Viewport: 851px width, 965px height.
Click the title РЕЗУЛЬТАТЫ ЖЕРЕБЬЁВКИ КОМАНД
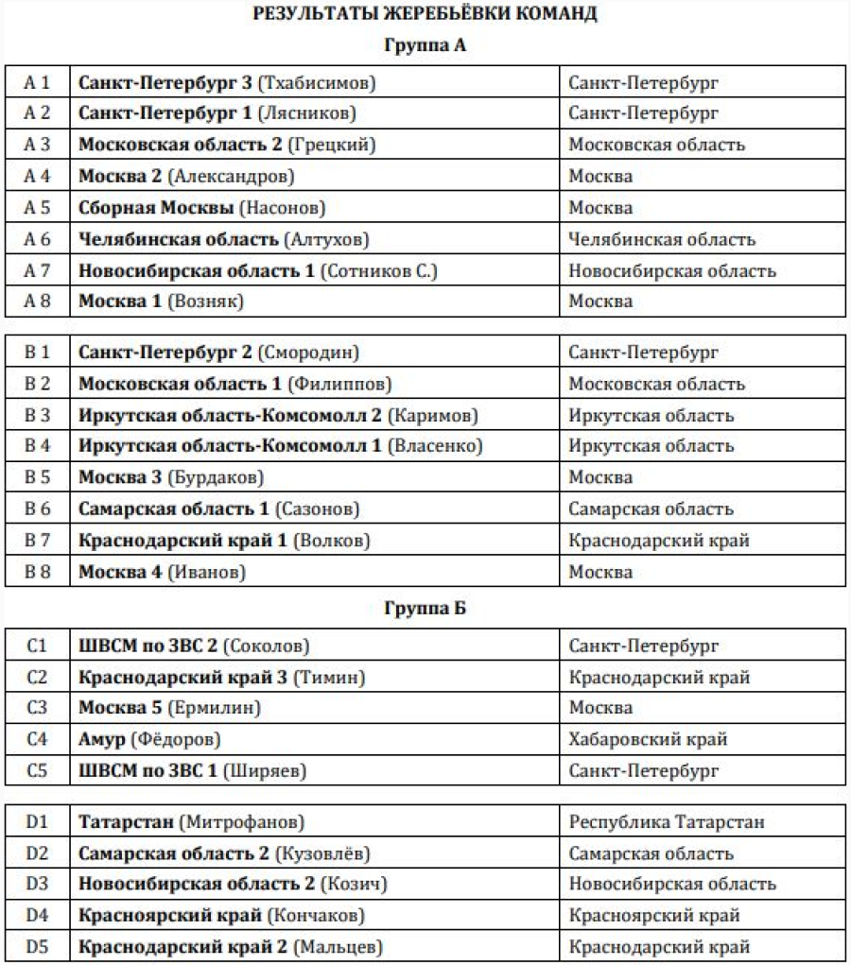[x=425, y=13]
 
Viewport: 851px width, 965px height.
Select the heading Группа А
[x=425, y=44]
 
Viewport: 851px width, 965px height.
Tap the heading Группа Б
[x=425, y=608]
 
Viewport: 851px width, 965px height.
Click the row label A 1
[x=37, y=82]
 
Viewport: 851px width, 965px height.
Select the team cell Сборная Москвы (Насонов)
[x=201, y=208]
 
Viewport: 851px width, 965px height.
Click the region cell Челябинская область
[x=662, y=239]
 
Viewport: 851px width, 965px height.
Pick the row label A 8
[x=37, y=302]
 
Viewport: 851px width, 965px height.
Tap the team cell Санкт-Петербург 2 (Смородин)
[x=218, y=353]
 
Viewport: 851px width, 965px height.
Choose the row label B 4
[x=37, y=446]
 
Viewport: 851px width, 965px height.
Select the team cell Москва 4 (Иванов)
[x=162, y=572]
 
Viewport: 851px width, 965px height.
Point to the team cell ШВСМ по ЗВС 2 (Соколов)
[x=194, y=646]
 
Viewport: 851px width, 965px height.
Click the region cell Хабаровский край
[x=648, y=739]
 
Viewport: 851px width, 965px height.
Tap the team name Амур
[x=101, y=739]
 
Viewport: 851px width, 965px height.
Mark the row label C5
[x=37, y=770]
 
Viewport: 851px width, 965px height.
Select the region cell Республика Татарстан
[x=667, y=822]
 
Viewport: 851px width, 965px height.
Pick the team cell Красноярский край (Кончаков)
[x=221, y=915]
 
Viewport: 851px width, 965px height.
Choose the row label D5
[x=37, y=946]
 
